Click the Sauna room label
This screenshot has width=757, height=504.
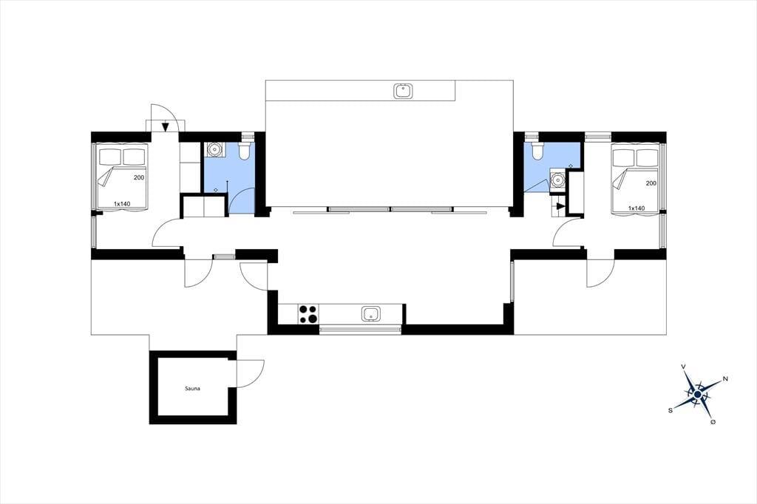192,388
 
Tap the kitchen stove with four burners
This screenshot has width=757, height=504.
308,314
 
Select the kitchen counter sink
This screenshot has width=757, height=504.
371,314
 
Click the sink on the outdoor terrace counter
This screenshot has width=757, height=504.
403,91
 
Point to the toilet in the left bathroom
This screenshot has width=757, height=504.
245,150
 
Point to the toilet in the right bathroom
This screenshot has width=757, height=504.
537,150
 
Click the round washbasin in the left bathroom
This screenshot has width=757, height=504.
214,150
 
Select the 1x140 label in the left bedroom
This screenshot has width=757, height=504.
122,204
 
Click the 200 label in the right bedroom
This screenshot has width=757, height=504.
651,183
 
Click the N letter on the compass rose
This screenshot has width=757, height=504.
724,379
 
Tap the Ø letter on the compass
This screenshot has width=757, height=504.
713,423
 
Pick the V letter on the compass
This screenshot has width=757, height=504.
683,367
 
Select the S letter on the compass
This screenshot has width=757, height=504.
670,410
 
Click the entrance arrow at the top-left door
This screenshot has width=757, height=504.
166,126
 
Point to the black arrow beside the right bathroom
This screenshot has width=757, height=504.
560,206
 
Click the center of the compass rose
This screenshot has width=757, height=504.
697,395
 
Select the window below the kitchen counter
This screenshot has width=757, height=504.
360,330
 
